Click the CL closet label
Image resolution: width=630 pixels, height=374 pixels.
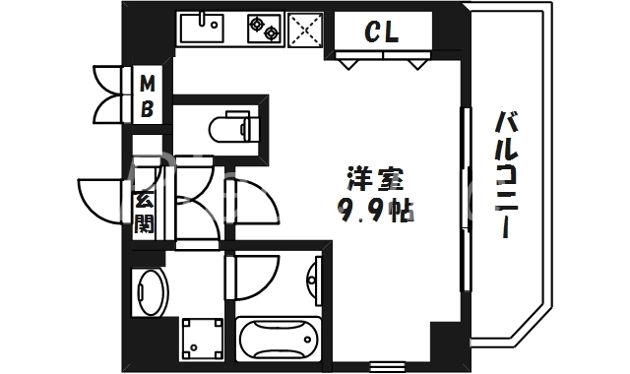pos(382,33)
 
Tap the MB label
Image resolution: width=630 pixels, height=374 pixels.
pos(146,95)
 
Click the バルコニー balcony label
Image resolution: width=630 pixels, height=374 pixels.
pos(507,177)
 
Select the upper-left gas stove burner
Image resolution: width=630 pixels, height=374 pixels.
pos(257,21)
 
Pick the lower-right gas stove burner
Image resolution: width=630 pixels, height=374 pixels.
pos(271,35)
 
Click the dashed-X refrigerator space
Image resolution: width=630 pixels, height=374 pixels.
pos(306,31)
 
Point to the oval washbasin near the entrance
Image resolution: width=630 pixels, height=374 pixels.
pos(151,290)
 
